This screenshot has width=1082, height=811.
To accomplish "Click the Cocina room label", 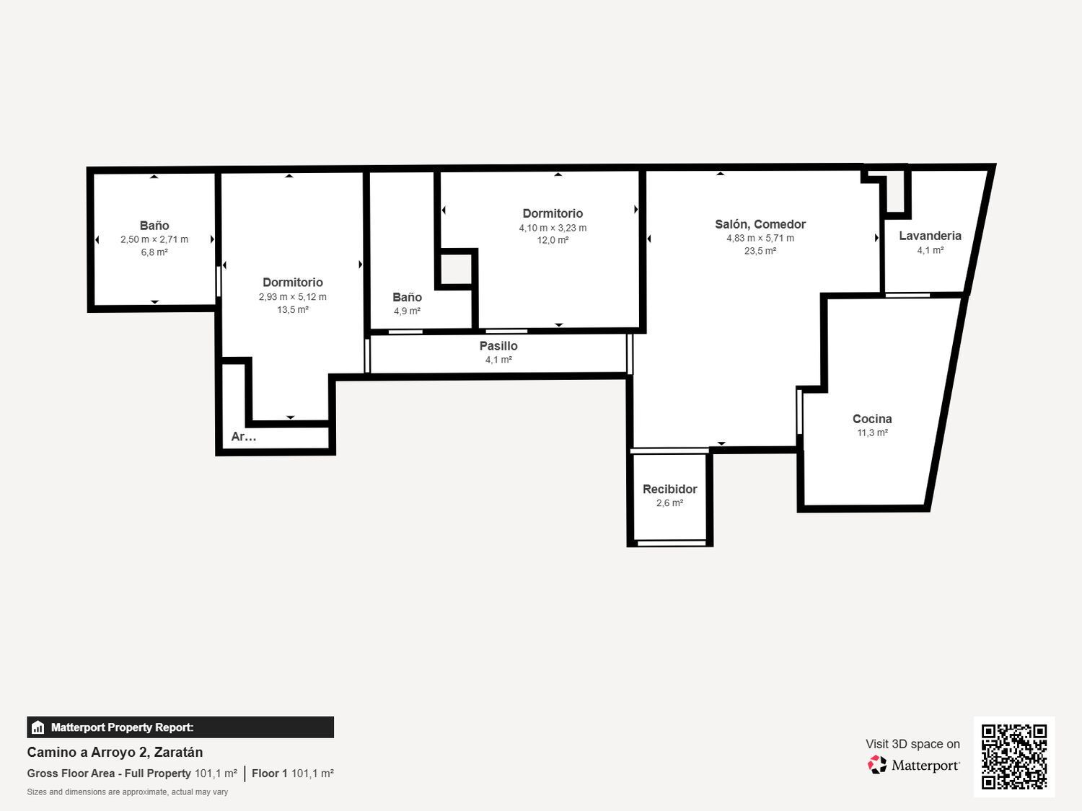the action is [x=872, y=419].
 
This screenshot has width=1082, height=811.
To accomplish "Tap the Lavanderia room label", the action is [x=930, y=236].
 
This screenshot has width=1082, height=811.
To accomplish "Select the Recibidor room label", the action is [x=669, y=489].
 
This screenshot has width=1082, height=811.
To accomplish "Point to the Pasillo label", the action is [x=498, y=346].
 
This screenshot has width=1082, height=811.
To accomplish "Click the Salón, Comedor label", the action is [x=760, y=224].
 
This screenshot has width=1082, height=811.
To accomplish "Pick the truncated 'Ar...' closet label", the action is [x=244, y=436].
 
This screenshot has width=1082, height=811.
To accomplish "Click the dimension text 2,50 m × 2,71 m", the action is [x=154, y=239].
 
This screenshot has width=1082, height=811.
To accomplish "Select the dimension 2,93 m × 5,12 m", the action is [x=292, y=296].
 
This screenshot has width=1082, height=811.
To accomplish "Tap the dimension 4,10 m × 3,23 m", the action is [x=553, y=228].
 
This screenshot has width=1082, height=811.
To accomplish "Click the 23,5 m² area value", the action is [x=760, y=251].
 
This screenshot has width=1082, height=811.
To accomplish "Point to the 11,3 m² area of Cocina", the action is [x=872, y=433].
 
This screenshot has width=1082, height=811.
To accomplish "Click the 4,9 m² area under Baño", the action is [x=407, y=311].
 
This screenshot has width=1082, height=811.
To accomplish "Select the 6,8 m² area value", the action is [x=154, y=252].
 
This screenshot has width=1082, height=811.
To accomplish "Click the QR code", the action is [x=1014, y=757].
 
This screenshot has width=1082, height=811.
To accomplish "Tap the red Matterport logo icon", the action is [x=877, y=765].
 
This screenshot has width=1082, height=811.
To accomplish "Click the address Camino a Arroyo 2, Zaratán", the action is [x=115, y=752].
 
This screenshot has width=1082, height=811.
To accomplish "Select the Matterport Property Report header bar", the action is [x=180, y=727].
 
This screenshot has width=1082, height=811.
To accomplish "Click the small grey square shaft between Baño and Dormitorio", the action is [x=455, y=269].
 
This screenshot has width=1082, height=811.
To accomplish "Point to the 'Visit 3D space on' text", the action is [x=912, y=743].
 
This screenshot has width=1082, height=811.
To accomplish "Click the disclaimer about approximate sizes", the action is [x=127, y=792].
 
